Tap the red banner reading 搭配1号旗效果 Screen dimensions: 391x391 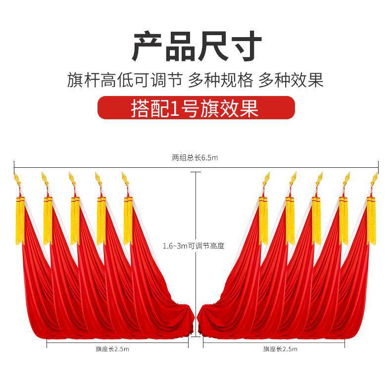point(196,108)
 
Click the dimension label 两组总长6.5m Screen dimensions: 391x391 point(195,158)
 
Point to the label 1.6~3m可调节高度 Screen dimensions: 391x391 point(194,246)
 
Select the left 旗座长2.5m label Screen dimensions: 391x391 point(112,349)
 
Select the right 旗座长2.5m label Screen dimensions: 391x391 point(280,349)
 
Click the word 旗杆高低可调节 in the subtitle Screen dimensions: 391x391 point(125,80)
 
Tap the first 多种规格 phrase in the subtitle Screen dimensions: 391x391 point(221,80)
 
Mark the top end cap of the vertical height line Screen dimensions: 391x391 point(196,172)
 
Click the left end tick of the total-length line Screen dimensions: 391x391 point(14,165)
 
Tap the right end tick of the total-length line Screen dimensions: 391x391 point(378,165)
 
